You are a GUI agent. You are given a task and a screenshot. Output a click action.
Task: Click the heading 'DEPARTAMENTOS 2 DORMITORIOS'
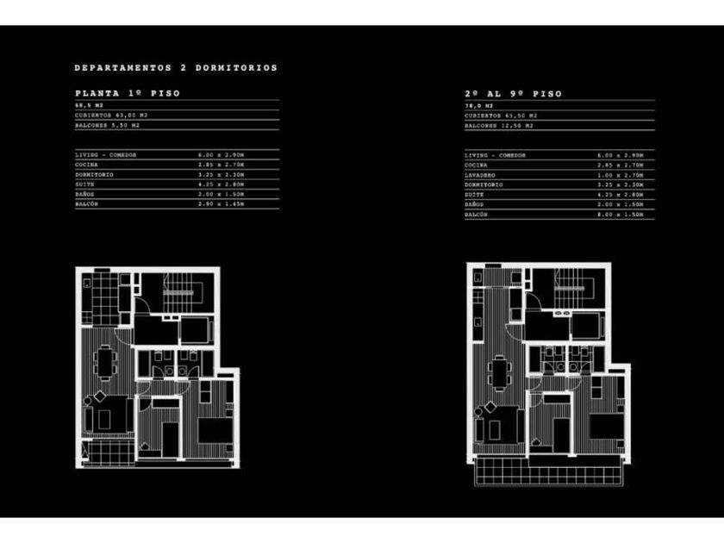176,67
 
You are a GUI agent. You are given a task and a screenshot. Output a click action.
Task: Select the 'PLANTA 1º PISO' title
128,93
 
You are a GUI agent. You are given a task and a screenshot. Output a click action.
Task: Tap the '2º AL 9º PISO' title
513,93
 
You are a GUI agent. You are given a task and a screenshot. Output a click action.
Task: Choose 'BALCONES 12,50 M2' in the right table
499,125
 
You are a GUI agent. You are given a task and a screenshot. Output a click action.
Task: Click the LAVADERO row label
478,174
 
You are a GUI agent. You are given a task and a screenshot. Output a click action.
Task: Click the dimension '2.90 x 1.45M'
222,203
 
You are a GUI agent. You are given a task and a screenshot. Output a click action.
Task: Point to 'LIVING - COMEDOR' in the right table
495,155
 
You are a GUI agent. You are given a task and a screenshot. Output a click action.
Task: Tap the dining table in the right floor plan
498,372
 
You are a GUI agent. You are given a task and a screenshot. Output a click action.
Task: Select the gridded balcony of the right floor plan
546,471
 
